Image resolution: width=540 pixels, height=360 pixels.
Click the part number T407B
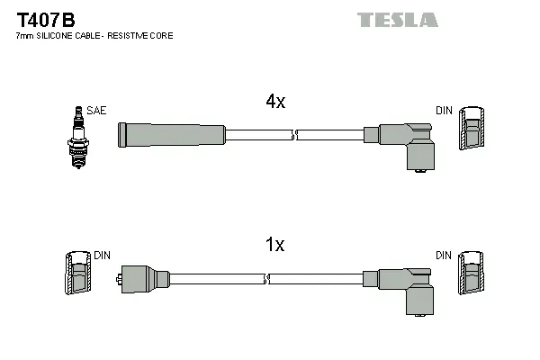click(45, 17)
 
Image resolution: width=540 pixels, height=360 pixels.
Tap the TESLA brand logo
click(397, 19)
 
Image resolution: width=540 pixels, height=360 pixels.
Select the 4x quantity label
click(275, 103)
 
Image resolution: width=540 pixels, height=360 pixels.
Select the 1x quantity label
click(275, 245)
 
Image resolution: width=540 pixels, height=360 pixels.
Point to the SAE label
click(96, 111)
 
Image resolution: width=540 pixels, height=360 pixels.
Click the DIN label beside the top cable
click(444, 111)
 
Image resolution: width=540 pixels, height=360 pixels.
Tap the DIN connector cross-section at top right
click(471, 131)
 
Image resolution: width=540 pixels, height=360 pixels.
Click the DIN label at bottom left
click(102, 256)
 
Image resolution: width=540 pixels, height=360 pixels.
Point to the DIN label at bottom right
click(444, 256)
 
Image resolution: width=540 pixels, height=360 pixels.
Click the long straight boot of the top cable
click(171, 135)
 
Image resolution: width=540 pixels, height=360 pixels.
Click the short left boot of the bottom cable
click(144, 279)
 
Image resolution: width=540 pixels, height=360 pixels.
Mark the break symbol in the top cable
click(294, 135)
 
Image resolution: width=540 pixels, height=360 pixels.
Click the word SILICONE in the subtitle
click(59, 36)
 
